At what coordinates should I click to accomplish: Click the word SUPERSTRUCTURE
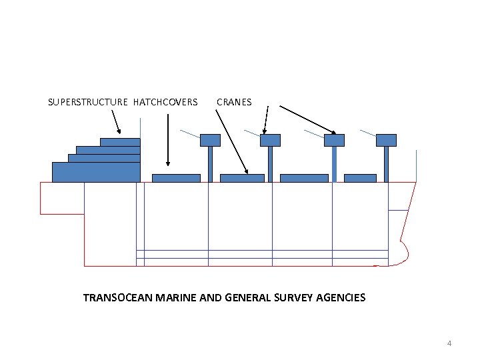[x=87, y=102]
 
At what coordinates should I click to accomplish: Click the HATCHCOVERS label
[x=165, y=102]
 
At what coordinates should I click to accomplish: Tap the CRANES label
[x=234, y=102]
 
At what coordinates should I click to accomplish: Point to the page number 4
[x=449, y=343]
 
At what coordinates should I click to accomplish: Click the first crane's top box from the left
[x=210, y=140]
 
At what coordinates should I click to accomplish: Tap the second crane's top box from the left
[x=270, y=140]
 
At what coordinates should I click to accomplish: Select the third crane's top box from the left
[x=334, y=140]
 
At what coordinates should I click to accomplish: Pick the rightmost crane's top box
[x=386, y=140]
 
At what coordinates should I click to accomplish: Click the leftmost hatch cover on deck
[x=176, y=178]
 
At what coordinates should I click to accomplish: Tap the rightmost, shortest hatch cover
[x=360, y=178]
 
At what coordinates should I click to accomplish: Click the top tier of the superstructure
[x=120, y=142]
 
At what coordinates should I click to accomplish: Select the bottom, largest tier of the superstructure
[x=96, y=172]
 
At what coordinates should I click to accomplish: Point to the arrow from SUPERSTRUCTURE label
[x=116, y=122]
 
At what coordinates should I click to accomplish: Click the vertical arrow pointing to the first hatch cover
[x=168, y=140]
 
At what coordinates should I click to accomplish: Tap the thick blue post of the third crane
[x=334, y=164]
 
